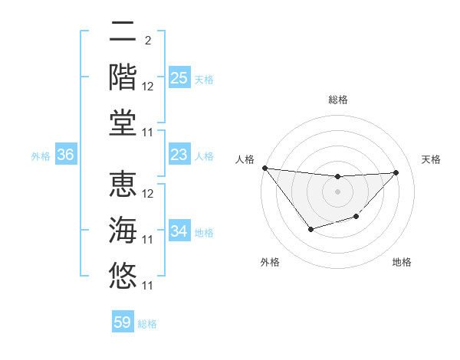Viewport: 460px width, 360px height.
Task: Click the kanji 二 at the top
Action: click(x=123, y=32)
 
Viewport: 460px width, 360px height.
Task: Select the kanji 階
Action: click(x=123, y=77)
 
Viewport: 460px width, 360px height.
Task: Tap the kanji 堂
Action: click(x=123, y=122)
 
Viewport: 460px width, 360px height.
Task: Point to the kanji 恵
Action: click(x=123, y=185)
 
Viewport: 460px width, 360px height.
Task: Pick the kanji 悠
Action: click(x=123, y=275)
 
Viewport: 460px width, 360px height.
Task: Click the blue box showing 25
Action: click(x=179, y=78)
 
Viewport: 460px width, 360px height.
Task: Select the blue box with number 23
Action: click(x=179, y=155)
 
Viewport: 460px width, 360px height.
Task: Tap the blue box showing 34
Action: click(x=179, y=231)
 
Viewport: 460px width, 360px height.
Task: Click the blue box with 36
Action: click(x=66, y=155)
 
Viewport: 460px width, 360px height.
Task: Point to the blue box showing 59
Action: click(x=123, y=322)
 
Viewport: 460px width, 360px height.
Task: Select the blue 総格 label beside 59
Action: click(x=147, y=324)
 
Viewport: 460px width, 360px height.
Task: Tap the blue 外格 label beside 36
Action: click(x=41, y=156)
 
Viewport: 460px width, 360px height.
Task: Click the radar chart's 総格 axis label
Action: click(x=337, y=100)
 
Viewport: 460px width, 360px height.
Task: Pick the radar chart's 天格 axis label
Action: click(x=431, y=159)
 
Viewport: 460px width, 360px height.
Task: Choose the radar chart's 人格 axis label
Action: click(x=244, y=159)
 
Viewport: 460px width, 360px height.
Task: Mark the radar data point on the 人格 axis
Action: click(x=264, y=168)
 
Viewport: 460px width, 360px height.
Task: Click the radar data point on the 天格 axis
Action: click(x=396, y=172)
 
